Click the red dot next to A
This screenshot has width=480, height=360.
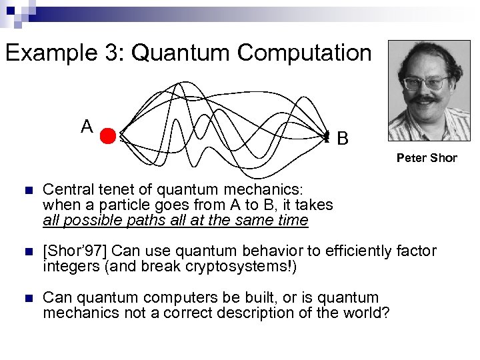[108, 137]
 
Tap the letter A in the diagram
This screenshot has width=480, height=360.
[87, 126]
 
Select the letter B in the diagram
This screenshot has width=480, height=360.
[342, 139]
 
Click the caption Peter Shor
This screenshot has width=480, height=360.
[427, 158]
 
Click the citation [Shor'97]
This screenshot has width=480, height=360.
[75, 251]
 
